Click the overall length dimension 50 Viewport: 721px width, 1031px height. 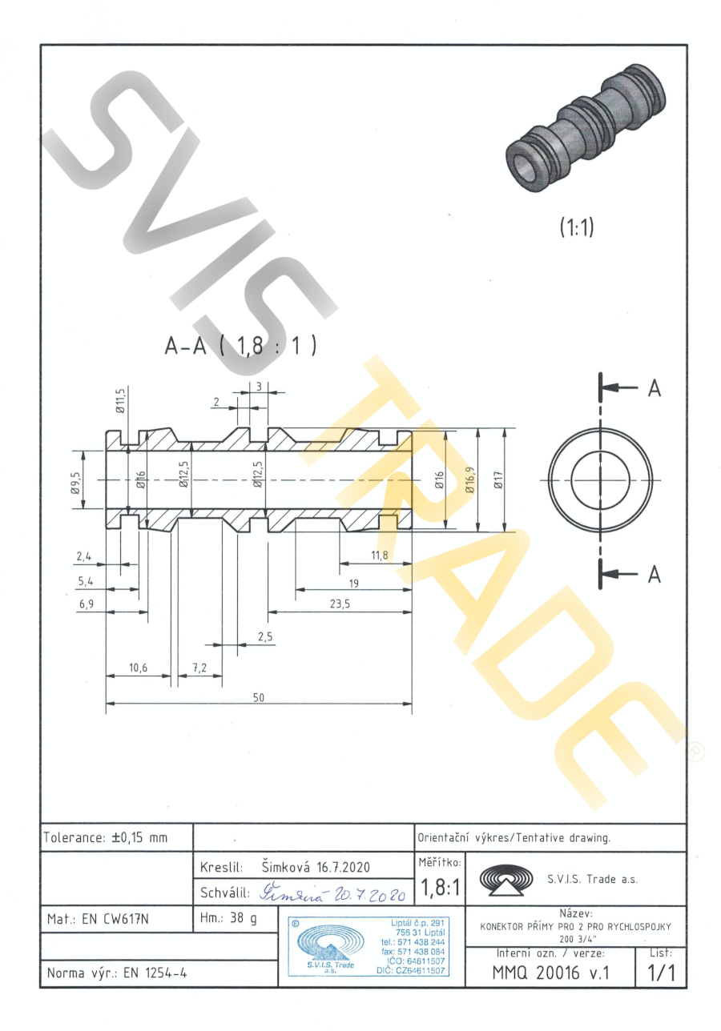pos(259,697)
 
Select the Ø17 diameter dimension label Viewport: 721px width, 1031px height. pos(498,480)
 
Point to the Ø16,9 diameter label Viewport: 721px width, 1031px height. pos(470,480)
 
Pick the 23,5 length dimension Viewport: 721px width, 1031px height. pos(340,604)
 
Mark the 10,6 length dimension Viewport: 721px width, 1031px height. pos(138,668)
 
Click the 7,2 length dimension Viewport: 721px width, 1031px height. pos(199,668)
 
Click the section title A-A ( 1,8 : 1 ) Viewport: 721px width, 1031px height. pos(240,346)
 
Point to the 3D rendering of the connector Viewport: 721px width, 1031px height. pos(584,132)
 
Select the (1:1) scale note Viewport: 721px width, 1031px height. pos(575,227)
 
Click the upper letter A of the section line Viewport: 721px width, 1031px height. pos(655,388)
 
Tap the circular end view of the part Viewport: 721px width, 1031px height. pos(598,479)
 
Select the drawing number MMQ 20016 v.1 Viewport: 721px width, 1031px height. pos(554,973)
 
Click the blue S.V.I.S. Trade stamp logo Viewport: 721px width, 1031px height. pos(325,948)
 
